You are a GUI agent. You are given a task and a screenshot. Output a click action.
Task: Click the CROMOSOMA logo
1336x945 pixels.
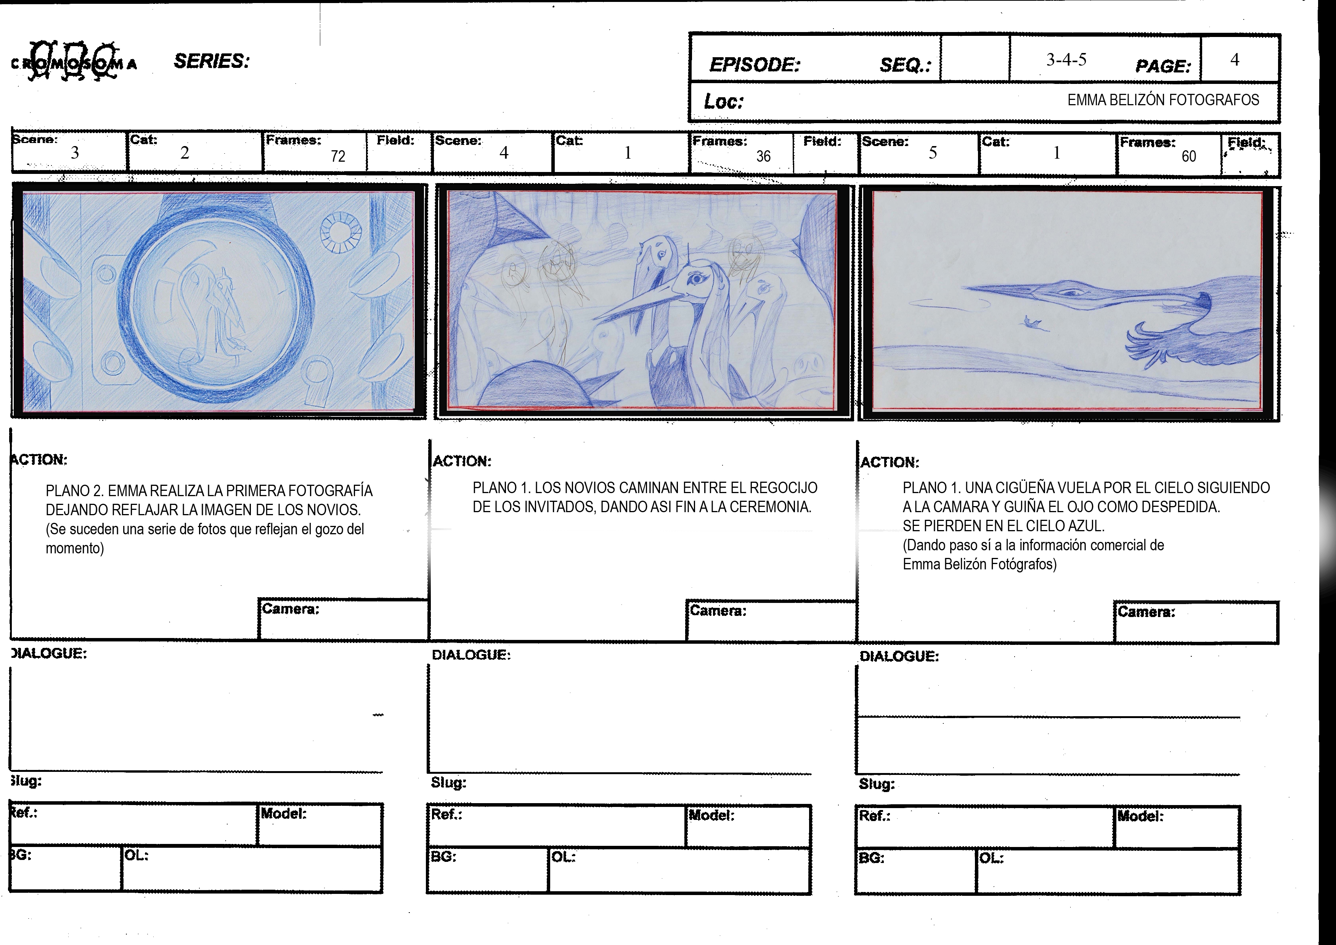click(x=74, y=63)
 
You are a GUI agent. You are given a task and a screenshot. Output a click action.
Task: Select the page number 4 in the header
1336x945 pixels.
click(x=1234, y=59)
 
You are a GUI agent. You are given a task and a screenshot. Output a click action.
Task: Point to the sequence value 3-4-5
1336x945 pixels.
click(x=1066, y=59)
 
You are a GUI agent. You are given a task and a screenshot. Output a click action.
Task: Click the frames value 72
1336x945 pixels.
click(x=338, y=156)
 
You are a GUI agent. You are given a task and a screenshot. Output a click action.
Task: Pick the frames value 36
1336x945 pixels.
click(x=763, y=156)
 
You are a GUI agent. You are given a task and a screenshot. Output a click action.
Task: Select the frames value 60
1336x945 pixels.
click(x=1189, y=156)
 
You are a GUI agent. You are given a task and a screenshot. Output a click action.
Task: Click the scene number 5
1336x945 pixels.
click(x=933, y=153)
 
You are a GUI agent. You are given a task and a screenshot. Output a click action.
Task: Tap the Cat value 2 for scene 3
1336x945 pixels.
click(x=185, y=153)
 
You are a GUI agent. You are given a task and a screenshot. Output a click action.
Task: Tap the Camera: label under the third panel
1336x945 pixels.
click(x=1146, y=612)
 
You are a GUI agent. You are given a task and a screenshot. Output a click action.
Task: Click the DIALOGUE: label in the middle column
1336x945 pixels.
click(x=471, y=655)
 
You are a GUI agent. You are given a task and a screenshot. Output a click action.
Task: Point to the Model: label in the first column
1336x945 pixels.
click(x=283, y=813)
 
